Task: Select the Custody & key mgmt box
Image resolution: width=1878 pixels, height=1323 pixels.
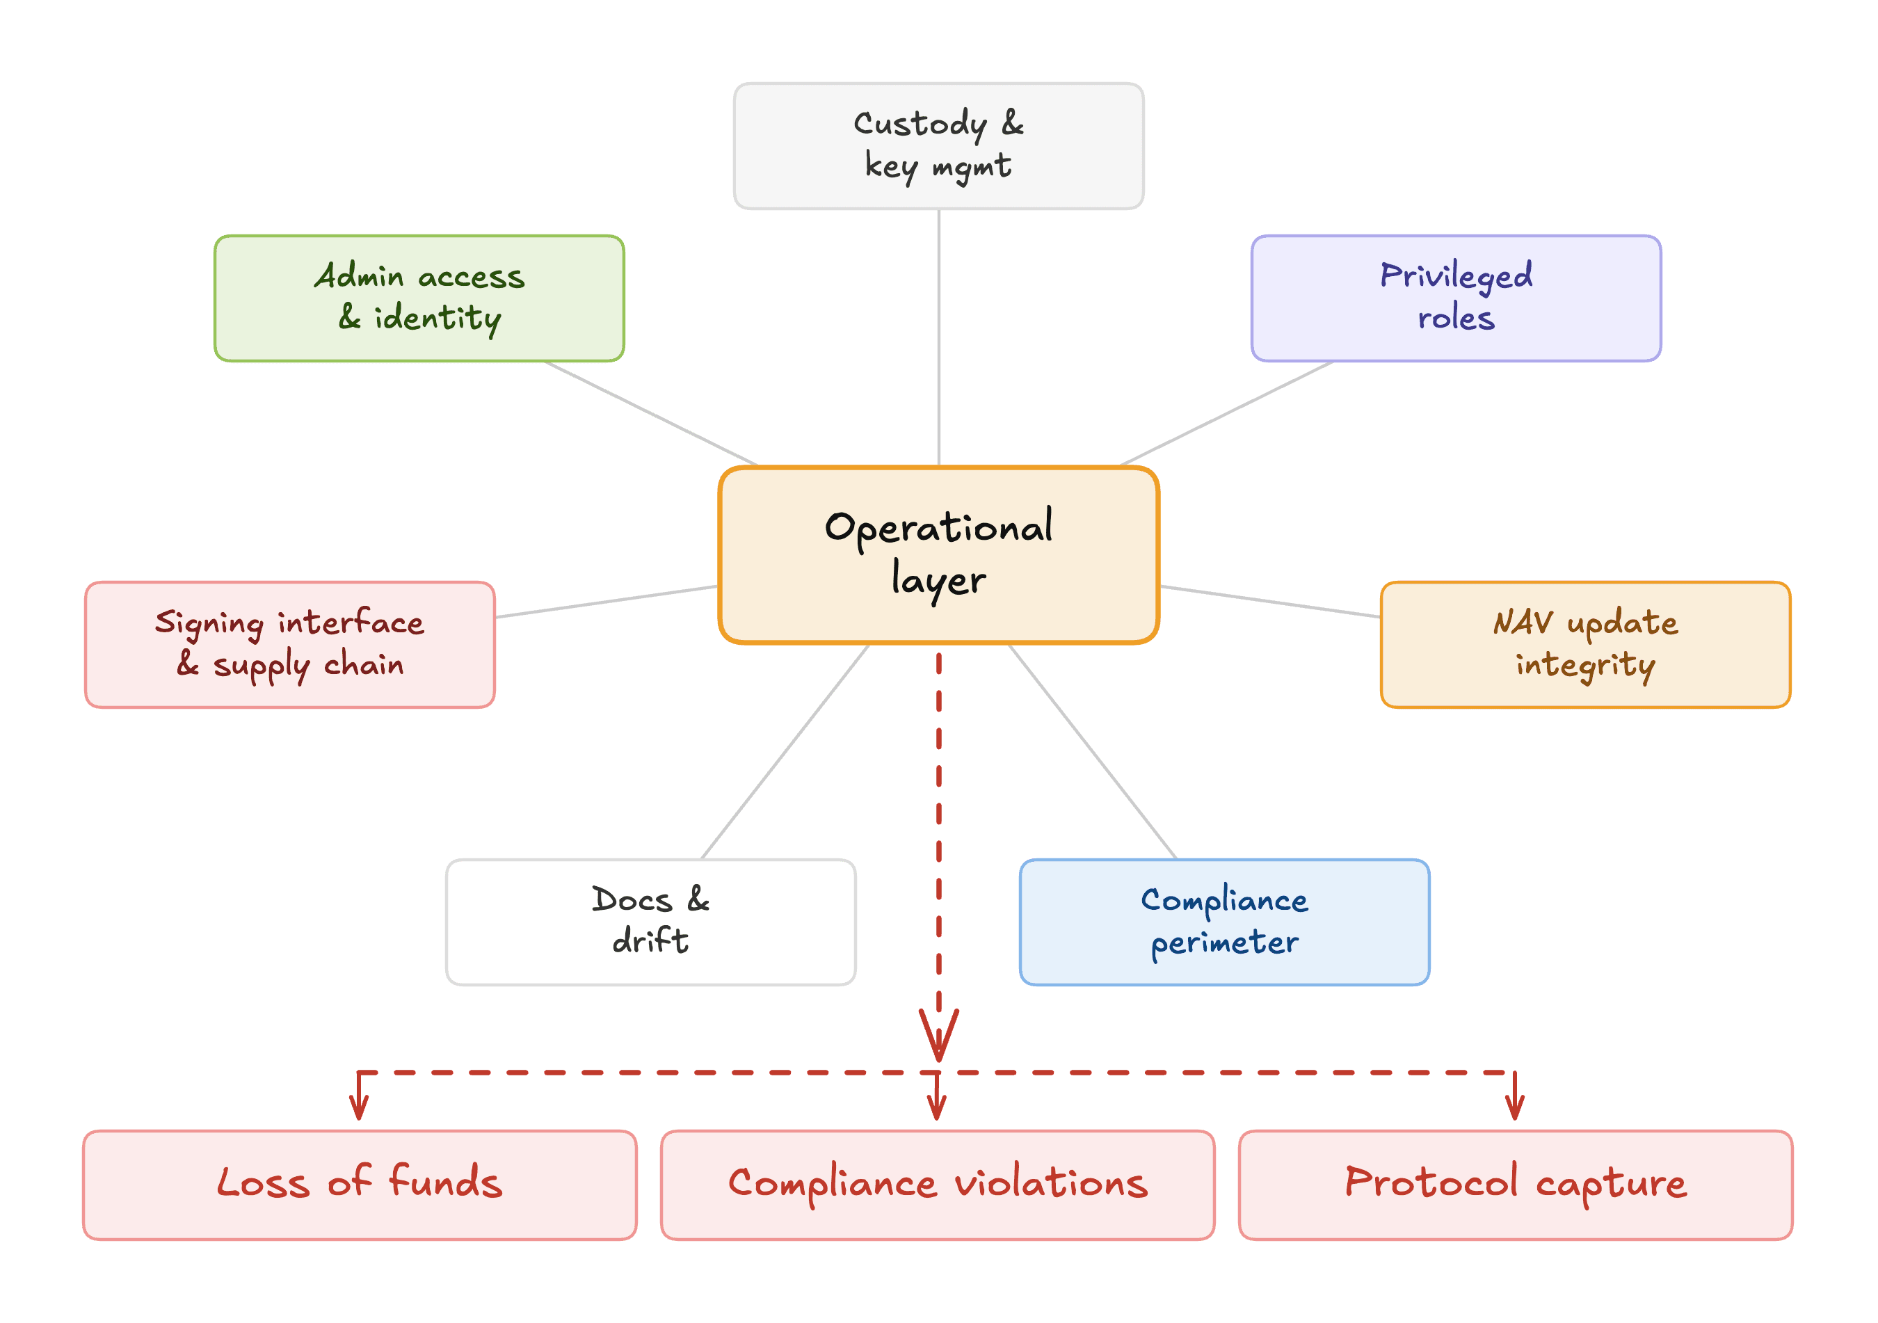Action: (938, 145)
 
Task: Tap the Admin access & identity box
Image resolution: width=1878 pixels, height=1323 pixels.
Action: (419, 298)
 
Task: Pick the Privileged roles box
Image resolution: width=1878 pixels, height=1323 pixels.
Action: (1456, 298)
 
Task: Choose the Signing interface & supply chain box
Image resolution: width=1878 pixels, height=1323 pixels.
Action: (290, 645)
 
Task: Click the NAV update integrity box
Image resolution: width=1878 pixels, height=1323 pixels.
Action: (1585, 645)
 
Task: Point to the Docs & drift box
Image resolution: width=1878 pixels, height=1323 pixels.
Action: (651, 922)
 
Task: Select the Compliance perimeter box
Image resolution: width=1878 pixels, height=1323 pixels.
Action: (1224, 922)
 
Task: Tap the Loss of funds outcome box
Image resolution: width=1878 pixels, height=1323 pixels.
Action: (360, 1185)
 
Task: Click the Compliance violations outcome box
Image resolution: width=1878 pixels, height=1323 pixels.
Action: (938, 1185)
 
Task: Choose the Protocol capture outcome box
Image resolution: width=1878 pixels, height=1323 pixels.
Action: (1516, 1185)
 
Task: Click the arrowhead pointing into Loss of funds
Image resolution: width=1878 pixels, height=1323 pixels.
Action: (359, 1109)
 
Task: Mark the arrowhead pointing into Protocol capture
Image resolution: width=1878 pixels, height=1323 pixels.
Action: (1515, 1109)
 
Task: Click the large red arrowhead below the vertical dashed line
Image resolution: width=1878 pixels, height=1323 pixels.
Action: (938, 1036)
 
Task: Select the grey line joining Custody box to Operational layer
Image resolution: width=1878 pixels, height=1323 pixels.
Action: (938, 338)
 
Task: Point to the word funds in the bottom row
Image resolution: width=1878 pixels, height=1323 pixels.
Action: (445, 1182)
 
